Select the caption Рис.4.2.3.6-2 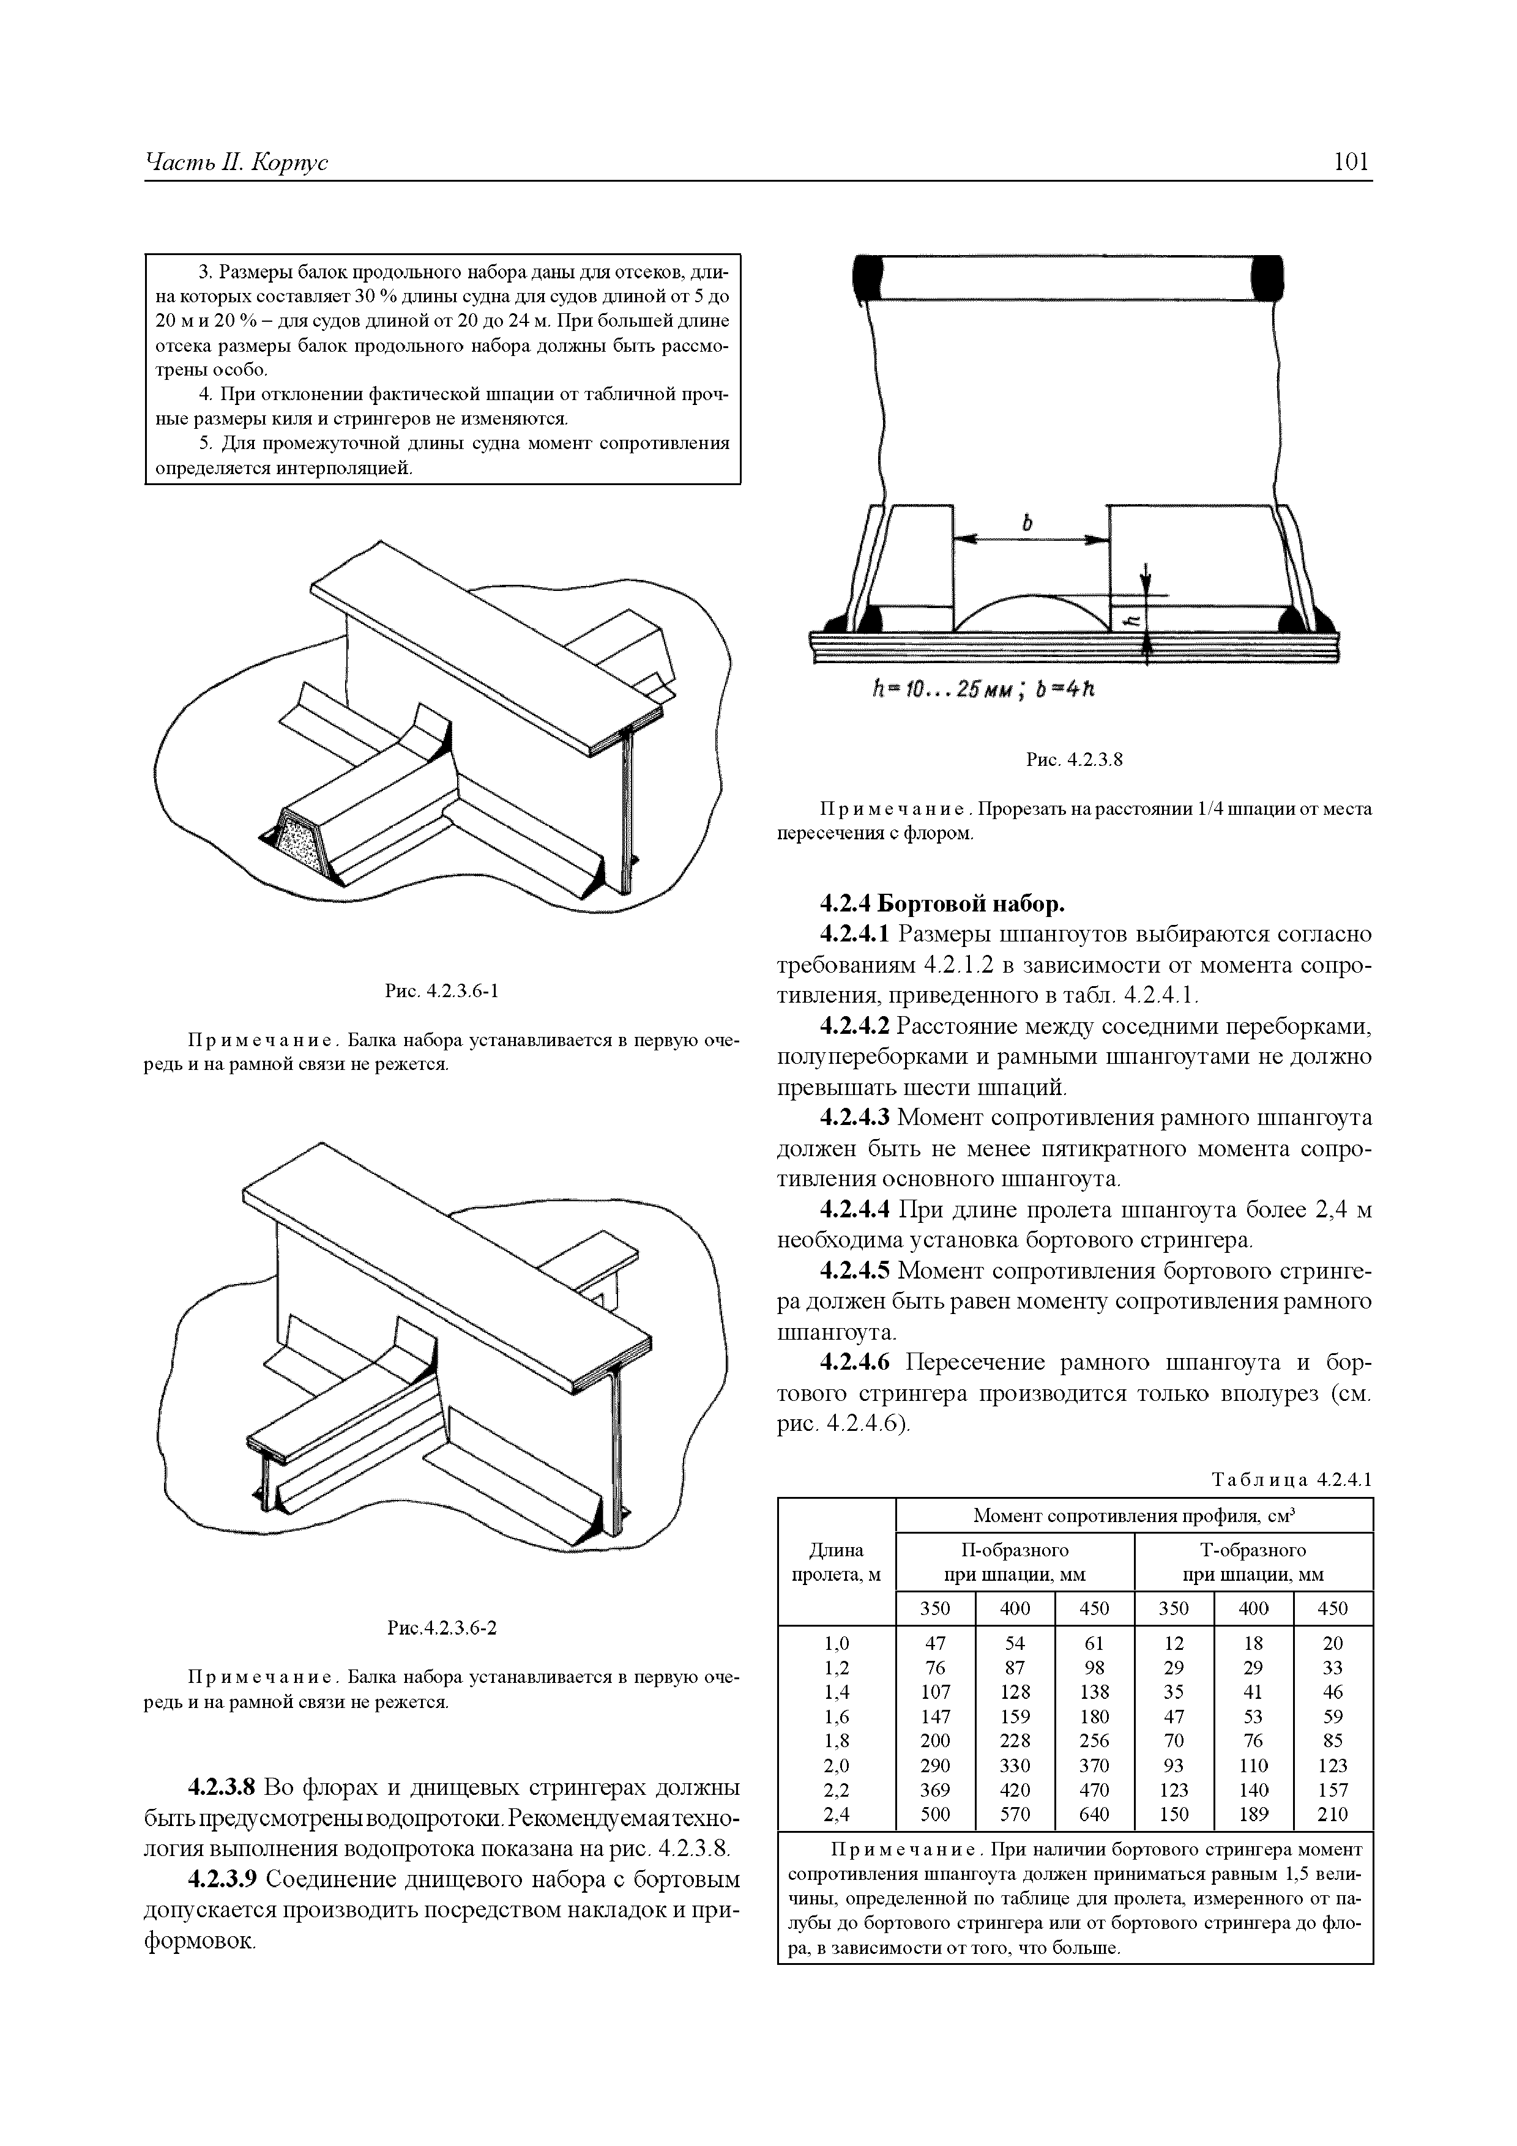(442, 1628)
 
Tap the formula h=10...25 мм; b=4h (982, 690)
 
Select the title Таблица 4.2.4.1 (1291, 1480)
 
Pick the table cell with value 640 (1094, 1814)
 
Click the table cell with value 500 (934, 1814)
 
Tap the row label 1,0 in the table (836, 1643)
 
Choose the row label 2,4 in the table (836, 1814)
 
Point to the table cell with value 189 (1253, 1814)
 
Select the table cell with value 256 (1094, 1740)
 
